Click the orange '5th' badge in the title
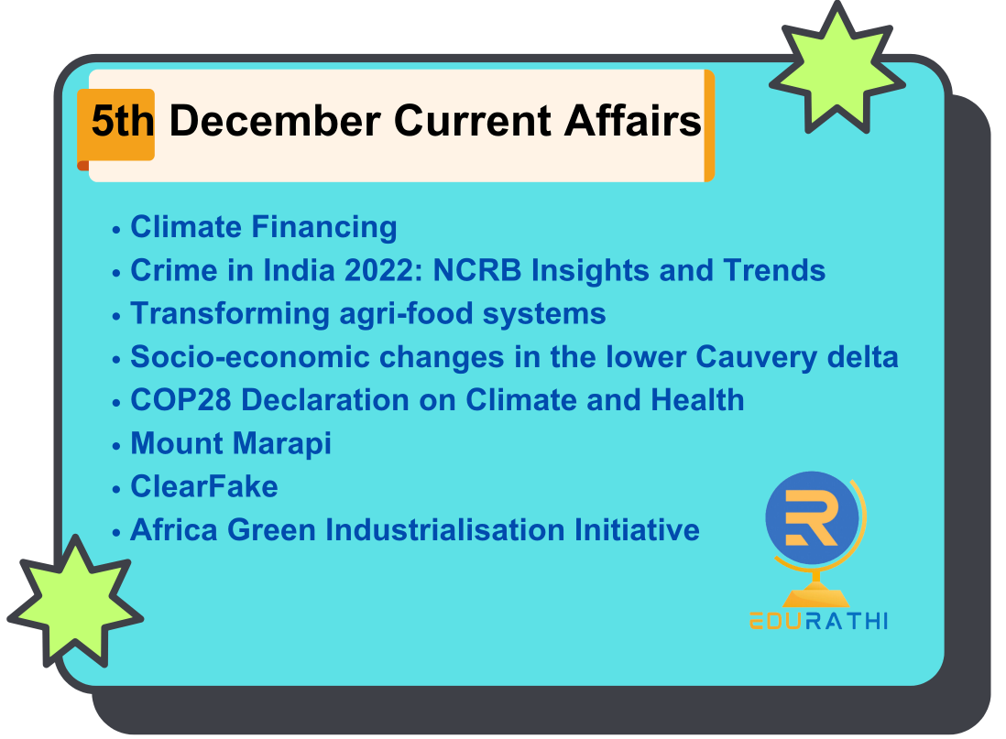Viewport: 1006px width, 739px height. coord(116,125)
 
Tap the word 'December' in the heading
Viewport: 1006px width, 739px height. coord(275,121)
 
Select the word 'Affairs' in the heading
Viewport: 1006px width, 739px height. coord(632,121)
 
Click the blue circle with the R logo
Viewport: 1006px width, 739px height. coord(812,517)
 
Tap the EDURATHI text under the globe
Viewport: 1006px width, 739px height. coord(819,621)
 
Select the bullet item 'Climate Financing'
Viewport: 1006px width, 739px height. coord(264,227)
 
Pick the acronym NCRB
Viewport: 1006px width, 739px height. coord(477,270)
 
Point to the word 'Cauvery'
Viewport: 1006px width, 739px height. coord(757,358)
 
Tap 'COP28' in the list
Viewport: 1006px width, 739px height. coord(180,400)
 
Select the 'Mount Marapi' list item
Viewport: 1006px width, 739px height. coord(231,444)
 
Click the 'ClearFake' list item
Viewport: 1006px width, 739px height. coord(204,486)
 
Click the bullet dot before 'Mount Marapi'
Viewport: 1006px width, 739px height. coord(116,446)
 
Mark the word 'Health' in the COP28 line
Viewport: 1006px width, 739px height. coord(697,400)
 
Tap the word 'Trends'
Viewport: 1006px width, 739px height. coord(774,270)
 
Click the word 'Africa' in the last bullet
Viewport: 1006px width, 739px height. coord(174,530)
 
